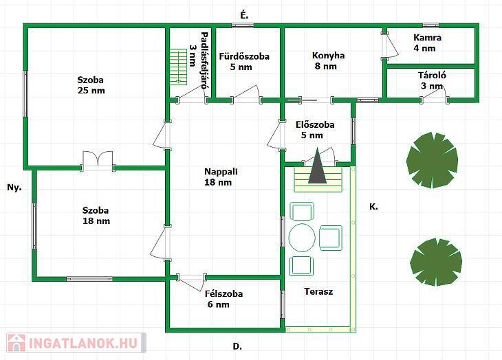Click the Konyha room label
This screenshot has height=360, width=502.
click(329, 56)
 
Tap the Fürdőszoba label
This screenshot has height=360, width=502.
click(244, 56)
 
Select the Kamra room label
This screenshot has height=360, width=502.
click(428, 38)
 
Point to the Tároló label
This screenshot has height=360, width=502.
click(432, 76)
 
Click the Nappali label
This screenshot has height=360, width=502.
click(221, 172)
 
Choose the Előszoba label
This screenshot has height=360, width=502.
click(315, 124)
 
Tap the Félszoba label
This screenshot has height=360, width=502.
click(223, 293)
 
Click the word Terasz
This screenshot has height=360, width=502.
click(318, 291)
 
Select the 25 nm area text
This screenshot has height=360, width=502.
click(91, 91)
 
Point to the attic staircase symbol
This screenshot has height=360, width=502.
click(178, 67)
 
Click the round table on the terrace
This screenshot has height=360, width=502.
click(302, 238)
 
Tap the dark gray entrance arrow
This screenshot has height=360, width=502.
click(318, 166)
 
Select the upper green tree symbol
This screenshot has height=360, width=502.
click(432, 160)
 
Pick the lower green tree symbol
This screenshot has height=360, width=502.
click(436, 262)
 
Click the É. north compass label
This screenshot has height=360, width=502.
click(244, 15)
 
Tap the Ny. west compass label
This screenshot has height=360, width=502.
click(14, 188)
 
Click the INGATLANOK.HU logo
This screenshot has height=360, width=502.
click(76, 343)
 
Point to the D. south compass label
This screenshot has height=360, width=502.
click(237, 346)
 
